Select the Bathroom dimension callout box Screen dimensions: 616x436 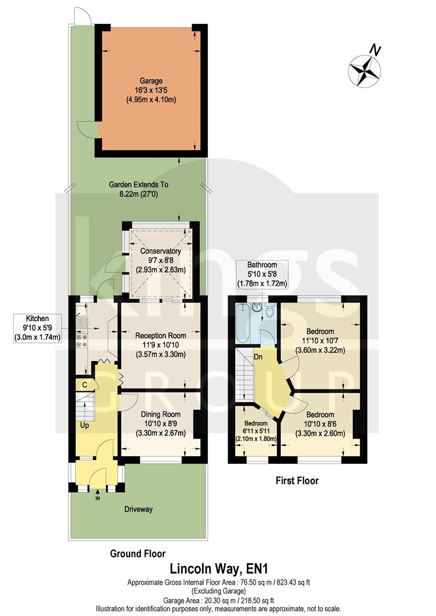(262, 274)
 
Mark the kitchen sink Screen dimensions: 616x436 (80, 317)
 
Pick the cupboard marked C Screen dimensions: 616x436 (84, 385)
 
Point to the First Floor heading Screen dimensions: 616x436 (294, 481)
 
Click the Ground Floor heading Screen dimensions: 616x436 (138, 553)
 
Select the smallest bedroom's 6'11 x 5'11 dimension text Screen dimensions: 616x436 (256, 431)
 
